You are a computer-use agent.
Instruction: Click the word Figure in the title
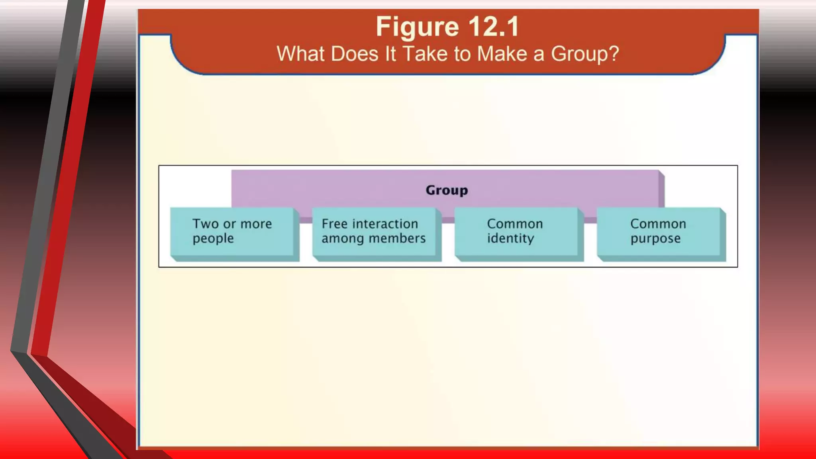pyautogui.click(x=417, y=27)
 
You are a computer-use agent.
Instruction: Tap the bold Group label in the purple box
pyautogui.click(x=447, y=190)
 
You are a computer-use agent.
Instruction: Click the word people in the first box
pyautogui.click(x=213, y=239)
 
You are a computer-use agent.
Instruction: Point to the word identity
pyautogui.click(x=510, y=239)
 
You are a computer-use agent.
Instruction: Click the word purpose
pyautogui.click(x=655, y=239)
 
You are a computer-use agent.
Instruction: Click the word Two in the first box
pyautogui.click(x=206, y=224)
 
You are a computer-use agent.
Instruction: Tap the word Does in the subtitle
pyautogui.click(x=354, y=54)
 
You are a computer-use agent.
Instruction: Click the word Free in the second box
pyautogui.click(x=335, y=224)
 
